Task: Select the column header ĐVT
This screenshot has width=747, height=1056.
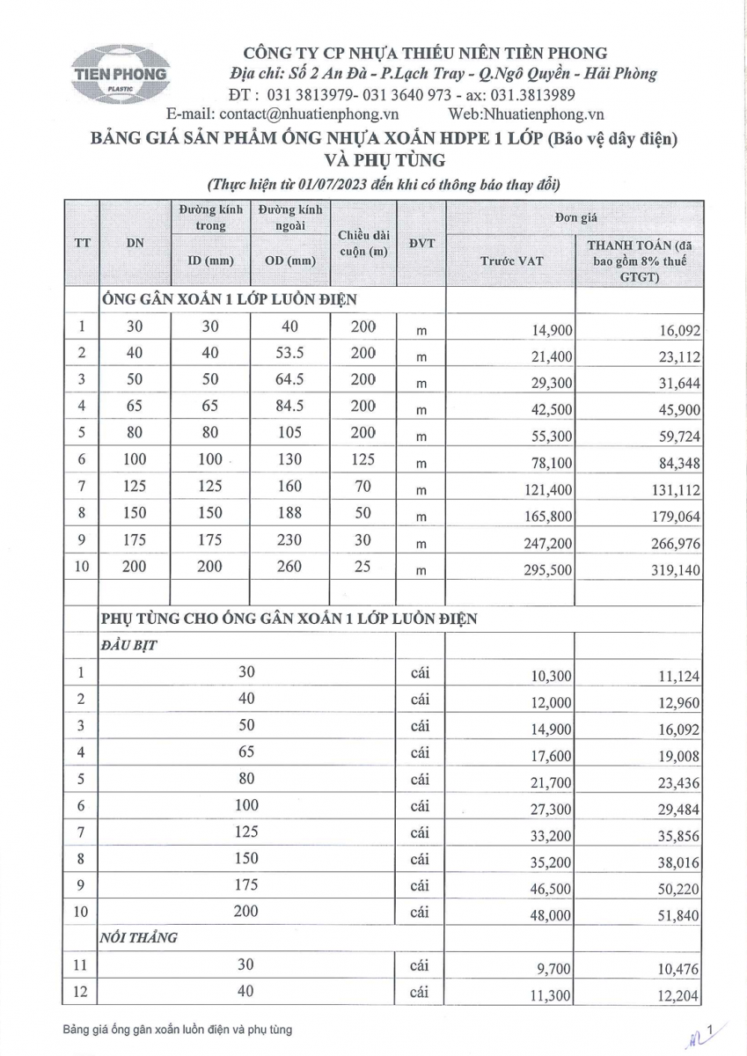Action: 421,243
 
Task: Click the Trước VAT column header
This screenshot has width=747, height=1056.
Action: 511,260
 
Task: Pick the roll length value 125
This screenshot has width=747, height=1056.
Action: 363,459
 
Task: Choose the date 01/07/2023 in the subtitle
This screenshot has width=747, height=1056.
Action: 325,185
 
